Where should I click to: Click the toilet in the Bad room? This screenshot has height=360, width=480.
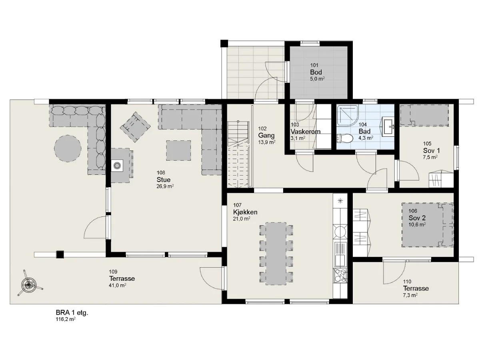(x=345, y=138)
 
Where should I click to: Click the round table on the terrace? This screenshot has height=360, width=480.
(x=68, y=148)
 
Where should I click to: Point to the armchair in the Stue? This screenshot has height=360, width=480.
(x=135, y=127)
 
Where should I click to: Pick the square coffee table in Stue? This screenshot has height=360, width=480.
(x=178, y=150)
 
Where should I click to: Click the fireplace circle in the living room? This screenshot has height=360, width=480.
(x=117, y=165)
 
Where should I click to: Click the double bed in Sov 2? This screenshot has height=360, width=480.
(x=428, y=225)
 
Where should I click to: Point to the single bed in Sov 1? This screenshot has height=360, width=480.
(x=424, y=115)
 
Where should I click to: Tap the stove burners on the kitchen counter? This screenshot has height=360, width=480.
(x=340, y=276)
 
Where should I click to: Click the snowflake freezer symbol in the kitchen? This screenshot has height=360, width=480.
(x=340, y=201)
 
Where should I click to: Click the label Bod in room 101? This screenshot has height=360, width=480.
(x=316, y=72)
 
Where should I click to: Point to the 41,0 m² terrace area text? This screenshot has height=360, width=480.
(x=118, y=285)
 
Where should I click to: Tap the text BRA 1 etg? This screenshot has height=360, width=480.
(x=72, y=313)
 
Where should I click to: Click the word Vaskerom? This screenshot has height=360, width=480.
(x=306, y=131)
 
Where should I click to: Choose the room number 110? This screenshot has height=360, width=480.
(x=407, y=282)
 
